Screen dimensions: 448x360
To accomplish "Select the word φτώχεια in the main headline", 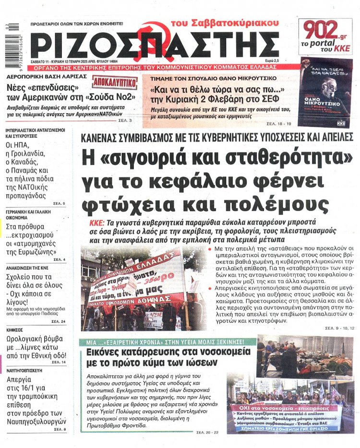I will [x=127, y=205].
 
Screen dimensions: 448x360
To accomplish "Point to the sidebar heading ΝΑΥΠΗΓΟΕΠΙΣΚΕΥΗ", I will [x=26, y=371].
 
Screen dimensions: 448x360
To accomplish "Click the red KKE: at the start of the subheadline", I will [x=98, y=224].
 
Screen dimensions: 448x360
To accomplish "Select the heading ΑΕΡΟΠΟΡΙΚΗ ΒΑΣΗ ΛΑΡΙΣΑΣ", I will [x=36, y=77].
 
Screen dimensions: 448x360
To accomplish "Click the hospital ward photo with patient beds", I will [x=305, y=357].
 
